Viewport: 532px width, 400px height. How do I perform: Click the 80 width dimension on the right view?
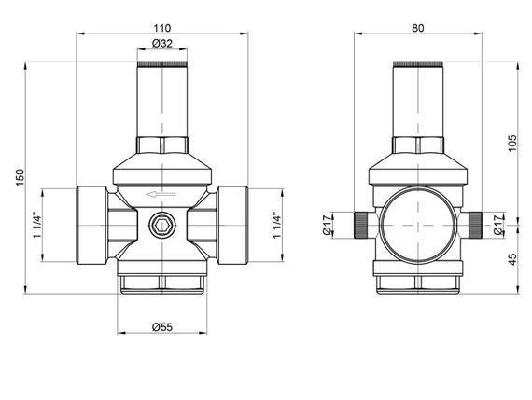417,27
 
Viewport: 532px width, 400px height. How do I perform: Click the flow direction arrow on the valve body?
155,195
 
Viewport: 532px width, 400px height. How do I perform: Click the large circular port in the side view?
418,224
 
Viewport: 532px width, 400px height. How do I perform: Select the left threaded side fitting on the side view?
361,224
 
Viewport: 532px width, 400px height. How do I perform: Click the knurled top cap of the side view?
418,64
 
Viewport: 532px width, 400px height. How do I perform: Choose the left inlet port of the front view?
90,227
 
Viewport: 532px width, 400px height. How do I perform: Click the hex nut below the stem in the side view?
418,145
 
